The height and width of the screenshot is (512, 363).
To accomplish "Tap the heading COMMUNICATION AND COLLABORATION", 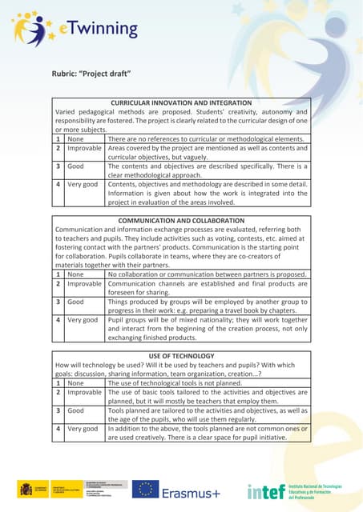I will tap(180, 220).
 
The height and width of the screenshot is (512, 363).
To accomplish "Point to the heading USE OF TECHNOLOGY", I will tap(180, 354).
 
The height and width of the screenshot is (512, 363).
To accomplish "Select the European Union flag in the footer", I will tap(145, 490).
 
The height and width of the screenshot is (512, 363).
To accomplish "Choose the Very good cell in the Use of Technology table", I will tap(83, 429).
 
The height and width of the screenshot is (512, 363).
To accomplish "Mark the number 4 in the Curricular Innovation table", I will tap(58, 184).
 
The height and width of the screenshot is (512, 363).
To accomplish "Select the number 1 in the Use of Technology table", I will tap(58, 382).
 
